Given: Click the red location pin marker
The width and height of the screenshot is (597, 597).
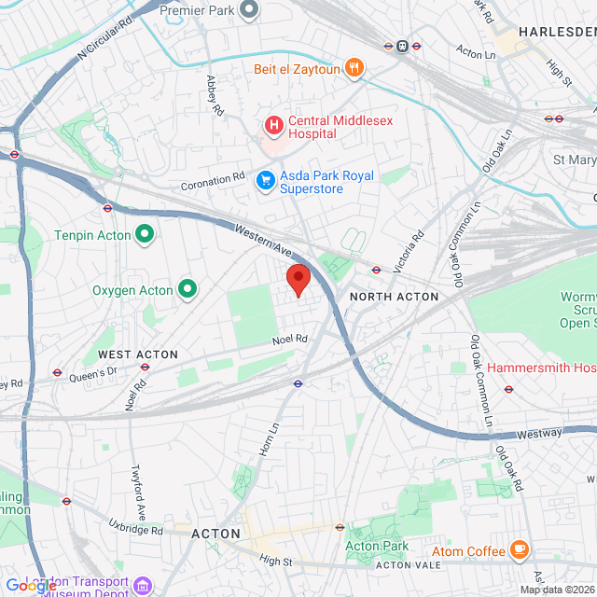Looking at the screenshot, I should (x=298, y=279).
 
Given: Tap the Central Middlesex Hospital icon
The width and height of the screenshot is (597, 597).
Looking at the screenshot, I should (x=273, y=124).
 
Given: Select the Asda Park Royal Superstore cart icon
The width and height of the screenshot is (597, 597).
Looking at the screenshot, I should (x=266, y=178).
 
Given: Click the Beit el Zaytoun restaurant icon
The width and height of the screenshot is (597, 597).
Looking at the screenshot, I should (x=354, y=68).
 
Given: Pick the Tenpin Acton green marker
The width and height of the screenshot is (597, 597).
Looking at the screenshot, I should (x=145, y=233).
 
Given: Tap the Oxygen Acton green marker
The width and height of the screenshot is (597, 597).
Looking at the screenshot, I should (x=187, y=290).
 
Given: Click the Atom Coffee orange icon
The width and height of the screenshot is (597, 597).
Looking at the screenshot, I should (x=520, y=551).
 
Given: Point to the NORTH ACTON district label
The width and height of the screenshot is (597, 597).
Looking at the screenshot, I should (x=394, y=297).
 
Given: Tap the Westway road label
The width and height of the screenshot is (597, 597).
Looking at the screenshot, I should (x=539, y=433).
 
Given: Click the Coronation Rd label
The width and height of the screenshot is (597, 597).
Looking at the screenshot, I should (x=212, y=175).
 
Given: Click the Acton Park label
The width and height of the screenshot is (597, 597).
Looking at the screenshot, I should (x=377, y=546).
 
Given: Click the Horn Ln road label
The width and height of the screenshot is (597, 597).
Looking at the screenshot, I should (x=273, y=438).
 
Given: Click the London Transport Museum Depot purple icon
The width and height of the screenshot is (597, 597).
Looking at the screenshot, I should (x=143, y=586).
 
